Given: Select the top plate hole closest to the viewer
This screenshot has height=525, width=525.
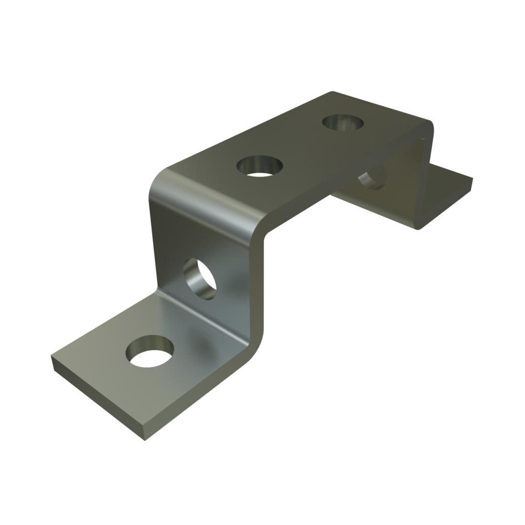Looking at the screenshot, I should coord(260,166).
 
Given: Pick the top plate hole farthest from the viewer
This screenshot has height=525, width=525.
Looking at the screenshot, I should coord(342,123).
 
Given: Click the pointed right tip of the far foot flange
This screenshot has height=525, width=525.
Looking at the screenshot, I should coord(472,180).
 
